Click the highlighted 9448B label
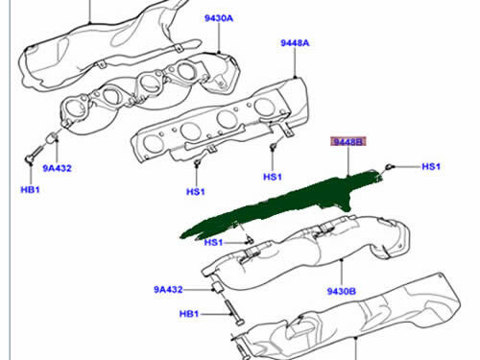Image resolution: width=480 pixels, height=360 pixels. pyautogui.click(x=348, y=142)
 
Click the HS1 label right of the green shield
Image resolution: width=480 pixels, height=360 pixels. pyautogui.click(x=430, y=166)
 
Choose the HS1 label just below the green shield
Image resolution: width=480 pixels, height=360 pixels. pyautogui.click(x=213, y=242)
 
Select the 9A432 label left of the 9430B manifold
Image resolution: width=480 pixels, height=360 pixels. pyautogui.click(x=167, y=287)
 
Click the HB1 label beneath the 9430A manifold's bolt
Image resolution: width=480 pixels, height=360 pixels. pyautogui.click(x=30, y=189)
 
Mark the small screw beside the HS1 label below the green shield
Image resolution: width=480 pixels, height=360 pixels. pyautogui.click(x=247, y=236)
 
